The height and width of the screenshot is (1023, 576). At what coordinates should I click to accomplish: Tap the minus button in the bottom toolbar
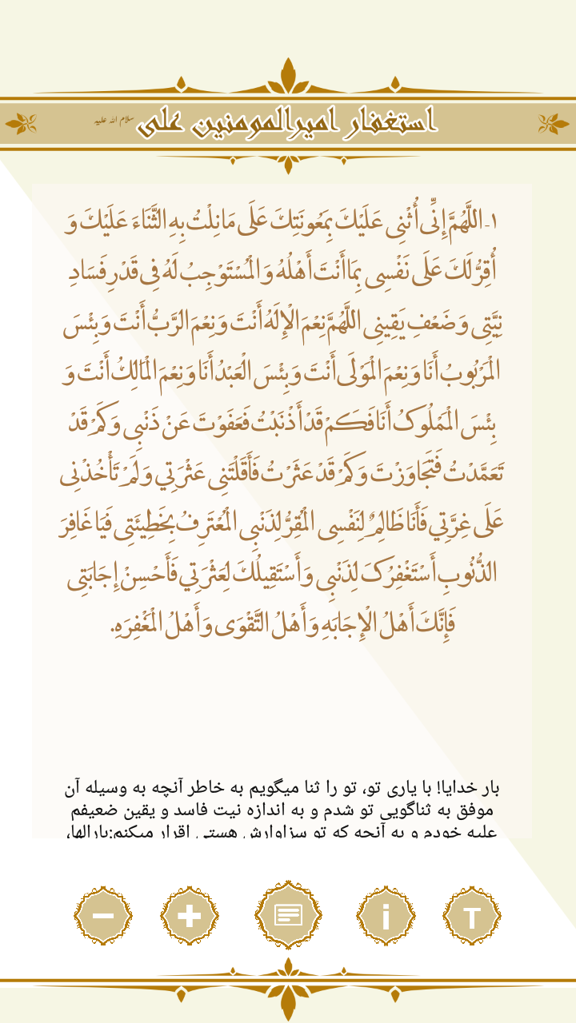click(103, 916)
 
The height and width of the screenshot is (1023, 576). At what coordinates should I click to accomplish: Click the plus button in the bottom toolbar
click(189, 916)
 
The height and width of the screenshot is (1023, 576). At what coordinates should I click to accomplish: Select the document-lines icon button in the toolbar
click(289, 915)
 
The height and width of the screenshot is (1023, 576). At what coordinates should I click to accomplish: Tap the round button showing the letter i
click(386, 916)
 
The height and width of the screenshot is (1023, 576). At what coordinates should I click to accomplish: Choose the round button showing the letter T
click(472, 916)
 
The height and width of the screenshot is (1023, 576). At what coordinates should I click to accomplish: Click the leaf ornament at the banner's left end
click(22, 123)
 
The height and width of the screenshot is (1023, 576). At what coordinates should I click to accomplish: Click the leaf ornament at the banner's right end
click(554, 123)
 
